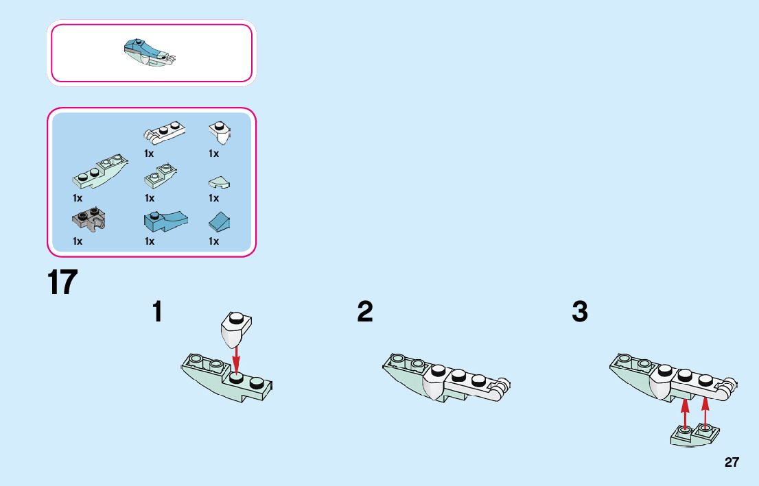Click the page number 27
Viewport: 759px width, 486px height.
[732, 462]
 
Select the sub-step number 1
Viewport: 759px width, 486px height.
[157, 311]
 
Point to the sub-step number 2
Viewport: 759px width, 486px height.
[365, 311]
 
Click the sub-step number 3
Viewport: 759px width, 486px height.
[579, 311]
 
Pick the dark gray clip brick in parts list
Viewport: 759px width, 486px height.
[89, 219]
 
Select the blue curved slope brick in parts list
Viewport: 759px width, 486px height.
[165, 221]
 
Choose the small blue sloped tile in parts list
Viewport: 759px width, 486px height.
[220, 221]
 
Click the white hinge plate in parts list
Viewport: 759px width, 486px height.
[164, 132]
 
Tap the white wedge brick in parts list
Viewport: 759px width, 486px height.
[220, 132]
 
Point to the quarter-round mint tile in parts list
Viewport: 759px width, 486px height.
[220, 182]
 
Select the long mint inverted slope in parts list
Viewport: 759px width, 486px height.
[100, 171]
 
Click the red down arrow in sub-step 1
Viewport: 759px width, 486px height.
[236, 359]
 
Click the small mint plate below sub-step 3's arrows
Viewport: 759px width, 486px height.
[694, 435]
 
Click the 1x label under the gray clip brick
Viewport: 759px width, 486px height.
[78, 241]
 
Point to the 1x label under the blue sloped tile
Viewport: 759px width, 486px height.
[213, 241]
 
